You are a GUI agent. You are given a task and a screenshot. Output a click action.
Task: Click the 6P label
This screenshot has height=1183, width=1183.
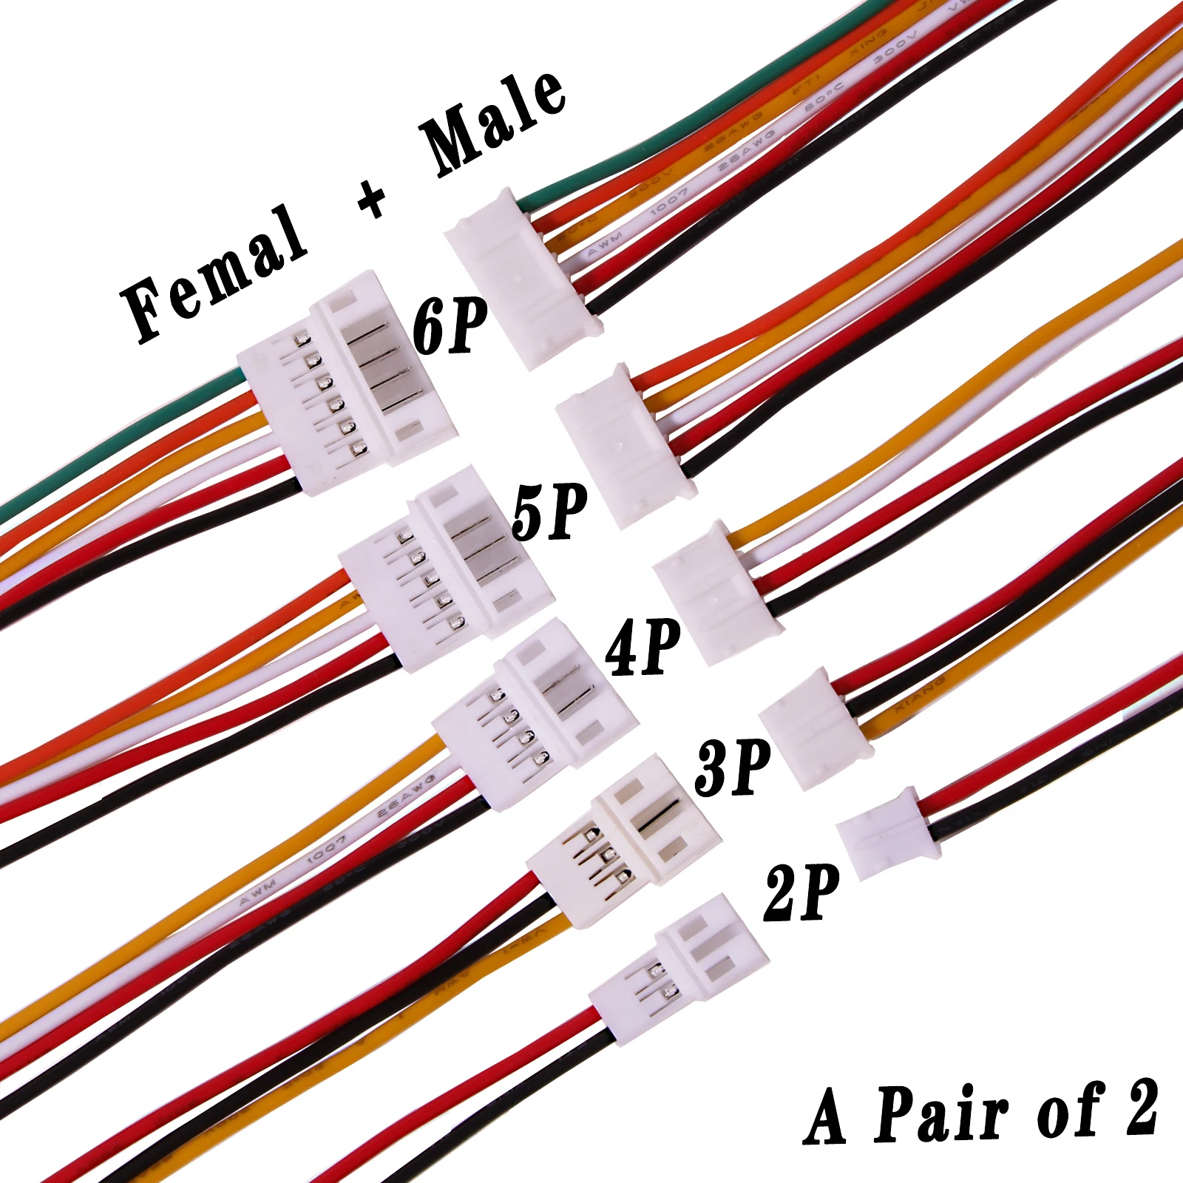coord(450,325)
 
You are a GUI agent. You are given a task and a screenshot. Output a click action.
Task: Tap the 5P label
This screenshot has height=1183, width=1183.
coord(549,512)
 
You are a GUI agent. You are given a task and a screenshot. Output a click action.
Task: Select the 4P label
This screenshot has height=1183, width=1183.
coord(643,648)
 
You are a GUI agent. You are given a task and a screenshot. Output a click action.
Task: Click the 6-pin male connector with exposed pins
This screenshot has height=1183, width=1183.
coord(348,384)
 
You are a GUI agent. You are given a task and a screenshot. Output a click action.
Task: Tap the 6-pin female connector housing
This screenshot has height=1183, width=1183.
coord(521,277)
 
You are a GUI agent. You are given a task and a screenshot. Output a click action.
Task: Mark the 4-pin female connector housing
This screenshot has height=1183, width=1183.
coord(713,591)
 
